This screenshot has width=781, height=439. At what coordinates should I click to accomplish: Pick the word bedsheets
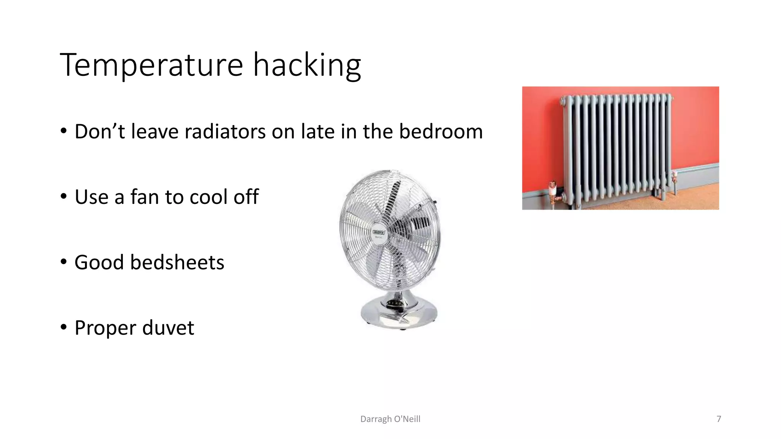[x=177, y=263]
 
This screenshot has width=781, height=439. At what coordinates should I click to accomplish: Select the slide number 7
[x=719, y=419]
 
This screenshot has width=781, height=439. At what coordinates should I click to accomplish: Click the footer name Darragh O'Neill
[x=390, y=419]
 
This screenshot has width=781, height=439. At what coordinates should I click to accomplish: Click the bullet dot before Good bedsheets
[x=63, y=262]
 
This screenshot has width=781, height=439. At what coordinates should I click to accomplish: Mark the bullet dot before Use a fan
[x=63, y=197]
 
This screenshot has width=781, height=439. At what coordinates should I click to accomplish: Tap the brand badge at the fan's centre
[x=379, y=232]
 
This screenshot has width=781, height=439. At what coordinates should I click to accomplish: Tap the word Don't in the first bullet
[x=100, y=132]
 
